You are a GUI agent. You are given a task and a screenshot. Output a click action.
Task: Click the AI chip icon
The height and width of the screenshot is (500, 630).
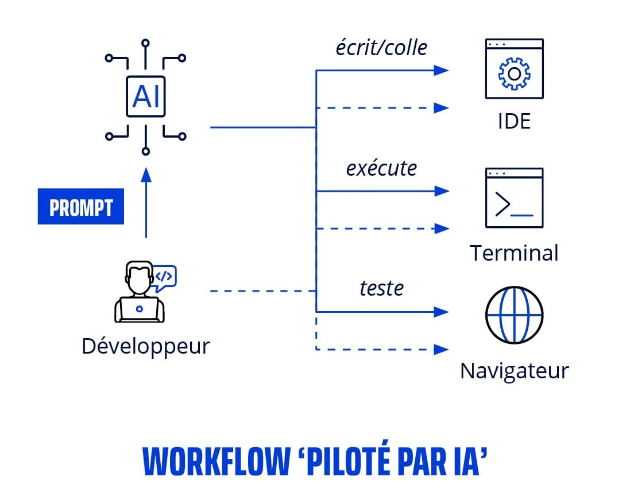click(146, 97)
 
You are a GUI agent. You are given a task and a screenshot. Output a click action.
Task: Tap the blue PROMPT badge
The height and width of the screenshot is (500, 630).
click(81, 206)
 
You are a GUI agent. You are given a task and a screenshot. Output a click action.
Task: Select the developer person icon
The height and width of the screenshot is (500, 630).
click(140, 292)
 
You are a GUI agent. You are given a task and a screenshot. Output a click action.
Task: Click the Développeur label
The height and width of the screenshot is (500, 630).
click(146, 346)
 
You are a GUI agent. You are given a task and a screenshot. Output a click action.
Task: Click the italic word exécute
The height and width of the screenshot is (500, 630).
click(381, 168)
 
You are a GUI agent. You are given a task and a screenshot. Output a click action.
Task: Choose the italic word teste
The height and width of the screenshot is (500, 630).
click(381, 288)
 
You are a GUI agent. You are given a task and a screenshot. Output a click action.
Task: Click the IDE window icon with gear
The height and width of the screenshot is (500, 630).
click(514, 68)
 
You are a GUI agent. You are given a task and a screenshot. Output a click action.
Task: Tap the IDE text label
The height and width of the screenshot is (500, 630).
click(514, 121)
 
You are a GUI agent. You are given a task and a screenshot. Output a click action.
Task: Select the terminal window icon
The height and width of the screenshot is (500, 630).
click(514, 197)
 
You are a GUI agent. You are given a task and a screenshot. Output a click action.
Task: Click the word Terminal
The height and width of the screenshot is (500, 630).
click(514, 253)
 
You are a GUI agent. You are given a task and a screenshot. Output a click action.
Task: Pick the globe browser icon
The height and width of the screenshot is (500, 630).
click(514, 315)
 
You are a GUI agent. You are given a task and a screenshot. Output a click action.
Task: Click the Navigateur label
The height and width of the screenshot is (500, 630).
click(514, 370)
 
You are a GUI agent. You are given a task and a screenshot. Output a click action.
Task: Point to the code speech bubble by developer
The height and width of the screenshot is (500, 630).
click(164, 276)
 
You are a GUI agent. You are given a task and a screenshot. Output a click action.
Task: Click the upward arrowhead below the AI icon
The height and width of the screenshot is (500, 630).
click(146, 174)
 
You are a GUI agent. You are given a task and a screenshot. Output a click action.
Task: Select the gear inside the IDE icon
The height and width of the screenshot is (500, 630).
click(514, 73)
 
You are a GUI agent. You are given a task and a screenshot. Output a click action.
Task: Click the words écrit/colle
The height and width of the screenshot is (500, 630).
click(381, 48)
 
